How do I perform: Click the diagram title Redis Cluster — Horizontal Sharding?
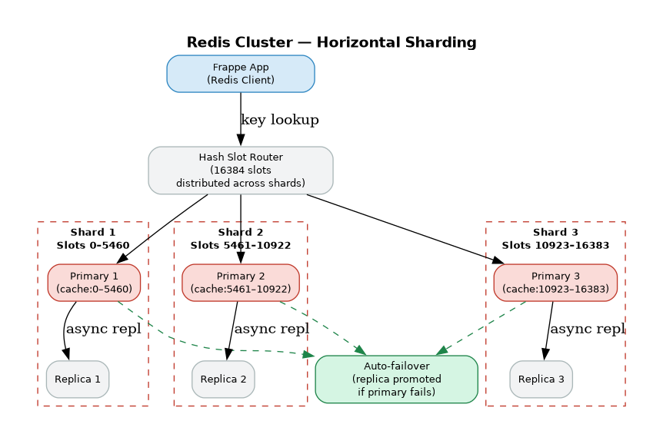(331, 43)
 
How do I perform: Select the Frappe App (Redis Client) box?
(241, 74)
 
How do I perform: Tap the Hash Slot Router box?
(241, 170)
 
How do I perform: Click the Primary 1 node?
(94, 283)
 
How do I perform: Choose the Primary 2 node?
(241, 283)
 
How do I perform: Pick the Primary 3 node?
(555, 283)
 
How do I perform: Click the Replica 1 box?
(78, 379)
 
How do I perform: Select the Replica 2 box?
(223, 379)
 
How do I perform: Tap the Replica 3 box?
(541, 379)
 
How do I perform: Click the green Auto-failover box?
(396, 379)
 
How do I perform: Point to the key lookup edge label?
(279, 120)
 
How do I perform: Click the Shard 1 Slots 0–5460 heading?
(93, 238)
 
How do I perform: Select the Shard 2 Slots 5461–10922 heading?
(241, 238)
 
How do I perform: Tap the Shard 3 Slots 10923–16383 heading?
(555, 238)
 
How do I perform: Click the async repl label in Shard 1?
(103, 329)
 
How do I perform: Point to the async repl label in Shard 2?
(271, 329)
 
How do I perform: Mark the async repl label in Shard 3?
(588, 329)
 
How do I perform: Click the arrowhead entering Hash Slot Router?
(241, 140)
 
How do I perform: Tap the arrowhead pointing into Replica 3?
(545, 354)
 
